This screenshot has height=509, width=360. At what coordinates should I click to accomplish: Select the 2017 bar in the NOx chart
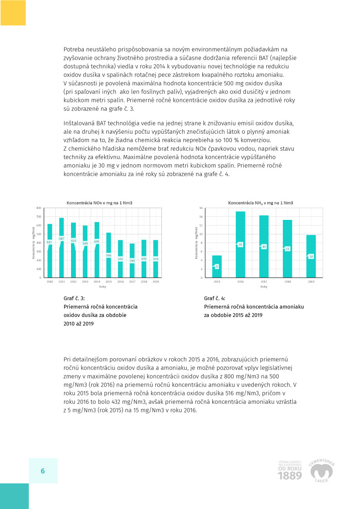(x=132, y=266)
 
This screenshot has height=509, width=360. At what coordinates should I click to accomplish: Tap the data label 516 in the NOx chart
(x=109, y=256)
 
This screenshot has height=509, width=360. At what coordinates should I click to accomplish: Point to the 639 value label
(x=97, y=241)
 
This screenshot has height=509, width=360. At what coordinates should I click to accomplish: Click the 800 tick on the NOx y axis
(x=38, y=208)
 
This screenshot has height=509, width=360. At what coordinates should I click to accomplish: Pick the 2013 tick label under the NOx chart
(x=85, y=282)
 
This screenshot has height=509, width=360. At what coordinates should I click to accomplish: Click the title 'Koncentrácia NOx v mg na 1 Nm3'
(x=99, y=203)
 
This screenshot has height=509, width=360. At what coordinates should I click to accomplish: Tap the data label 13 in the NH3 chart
(x=287, y=249)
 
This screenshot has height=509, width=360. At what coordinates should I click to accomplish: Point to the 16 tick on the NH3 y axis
(x=201, y=208)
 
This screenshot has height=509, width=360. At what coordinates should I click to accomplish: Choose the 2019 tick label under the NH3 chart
(x=311, y=282)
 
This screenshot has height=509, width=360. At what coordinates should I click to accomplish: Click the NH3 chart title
(x=261, y=203)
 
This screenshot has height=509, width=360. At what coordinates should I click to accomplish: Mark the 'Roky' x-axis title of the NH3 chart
(x=264, y=287)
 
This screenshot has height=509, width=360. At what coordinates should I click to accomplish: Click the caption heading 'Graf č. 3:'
(x=75, y=298)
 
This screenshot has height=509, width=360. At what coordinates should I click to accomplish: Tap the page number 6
(x=43, y=471)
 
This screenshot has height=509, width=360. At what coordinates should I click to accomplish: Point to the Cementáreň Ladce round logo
(x=322, y=470)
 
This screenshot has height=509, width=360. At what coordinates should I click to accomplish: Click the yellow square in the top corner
(x=13, y=13)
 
